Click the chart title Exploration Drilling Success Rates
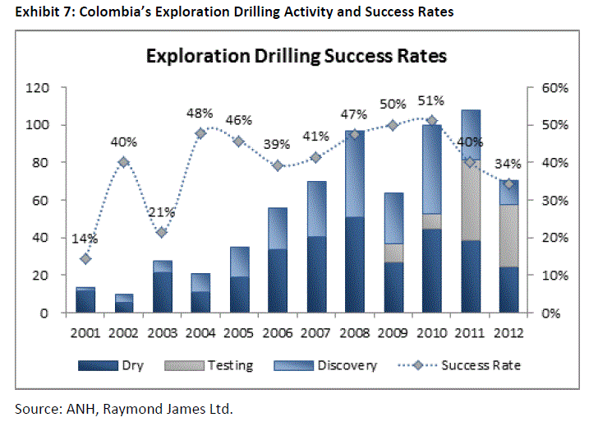click(x=296, y=56)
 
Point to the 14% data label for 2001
click(x=85, y=239)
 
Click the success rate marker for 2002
click(x=122, y=162)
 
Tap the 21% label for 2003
click(x=161, y=212)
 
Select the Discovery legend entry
click(x=333, y=365)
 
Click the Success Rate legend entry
click(x=464, y=365)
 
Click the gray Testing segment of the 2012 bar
click(x=508, y=235)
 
